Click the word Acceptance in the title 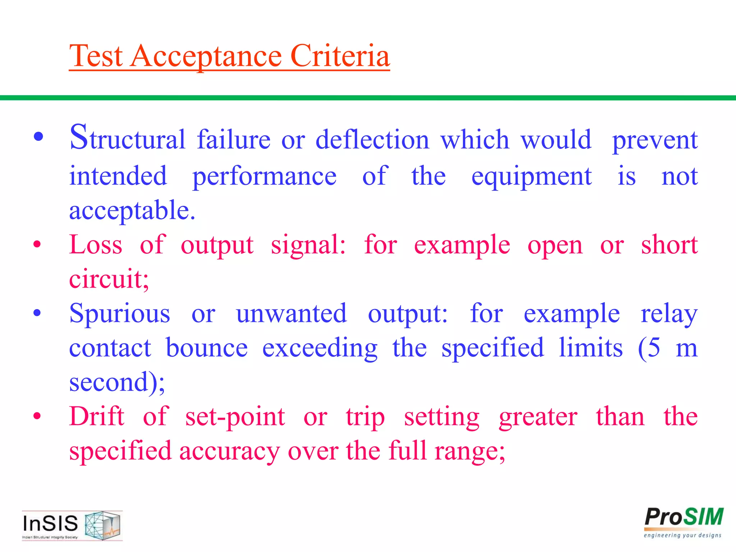coord(206,56)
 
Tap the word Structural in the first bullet coord(128,138)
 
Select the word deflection coord(372,139)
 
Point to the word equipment coord(532,177)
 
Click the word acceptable coord(132,211)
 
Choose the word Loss coord(96,245)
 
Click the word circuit coord(109,279)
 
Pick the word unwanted coord(291,313)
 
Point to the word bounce coord(207,348)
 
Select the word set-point coord(235,417)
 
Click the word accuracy coord(229,451)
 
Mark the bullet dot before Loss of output coord(37,245)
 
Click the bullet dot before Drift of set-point coord(37,417)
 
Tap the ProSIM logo coord(683,522)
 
